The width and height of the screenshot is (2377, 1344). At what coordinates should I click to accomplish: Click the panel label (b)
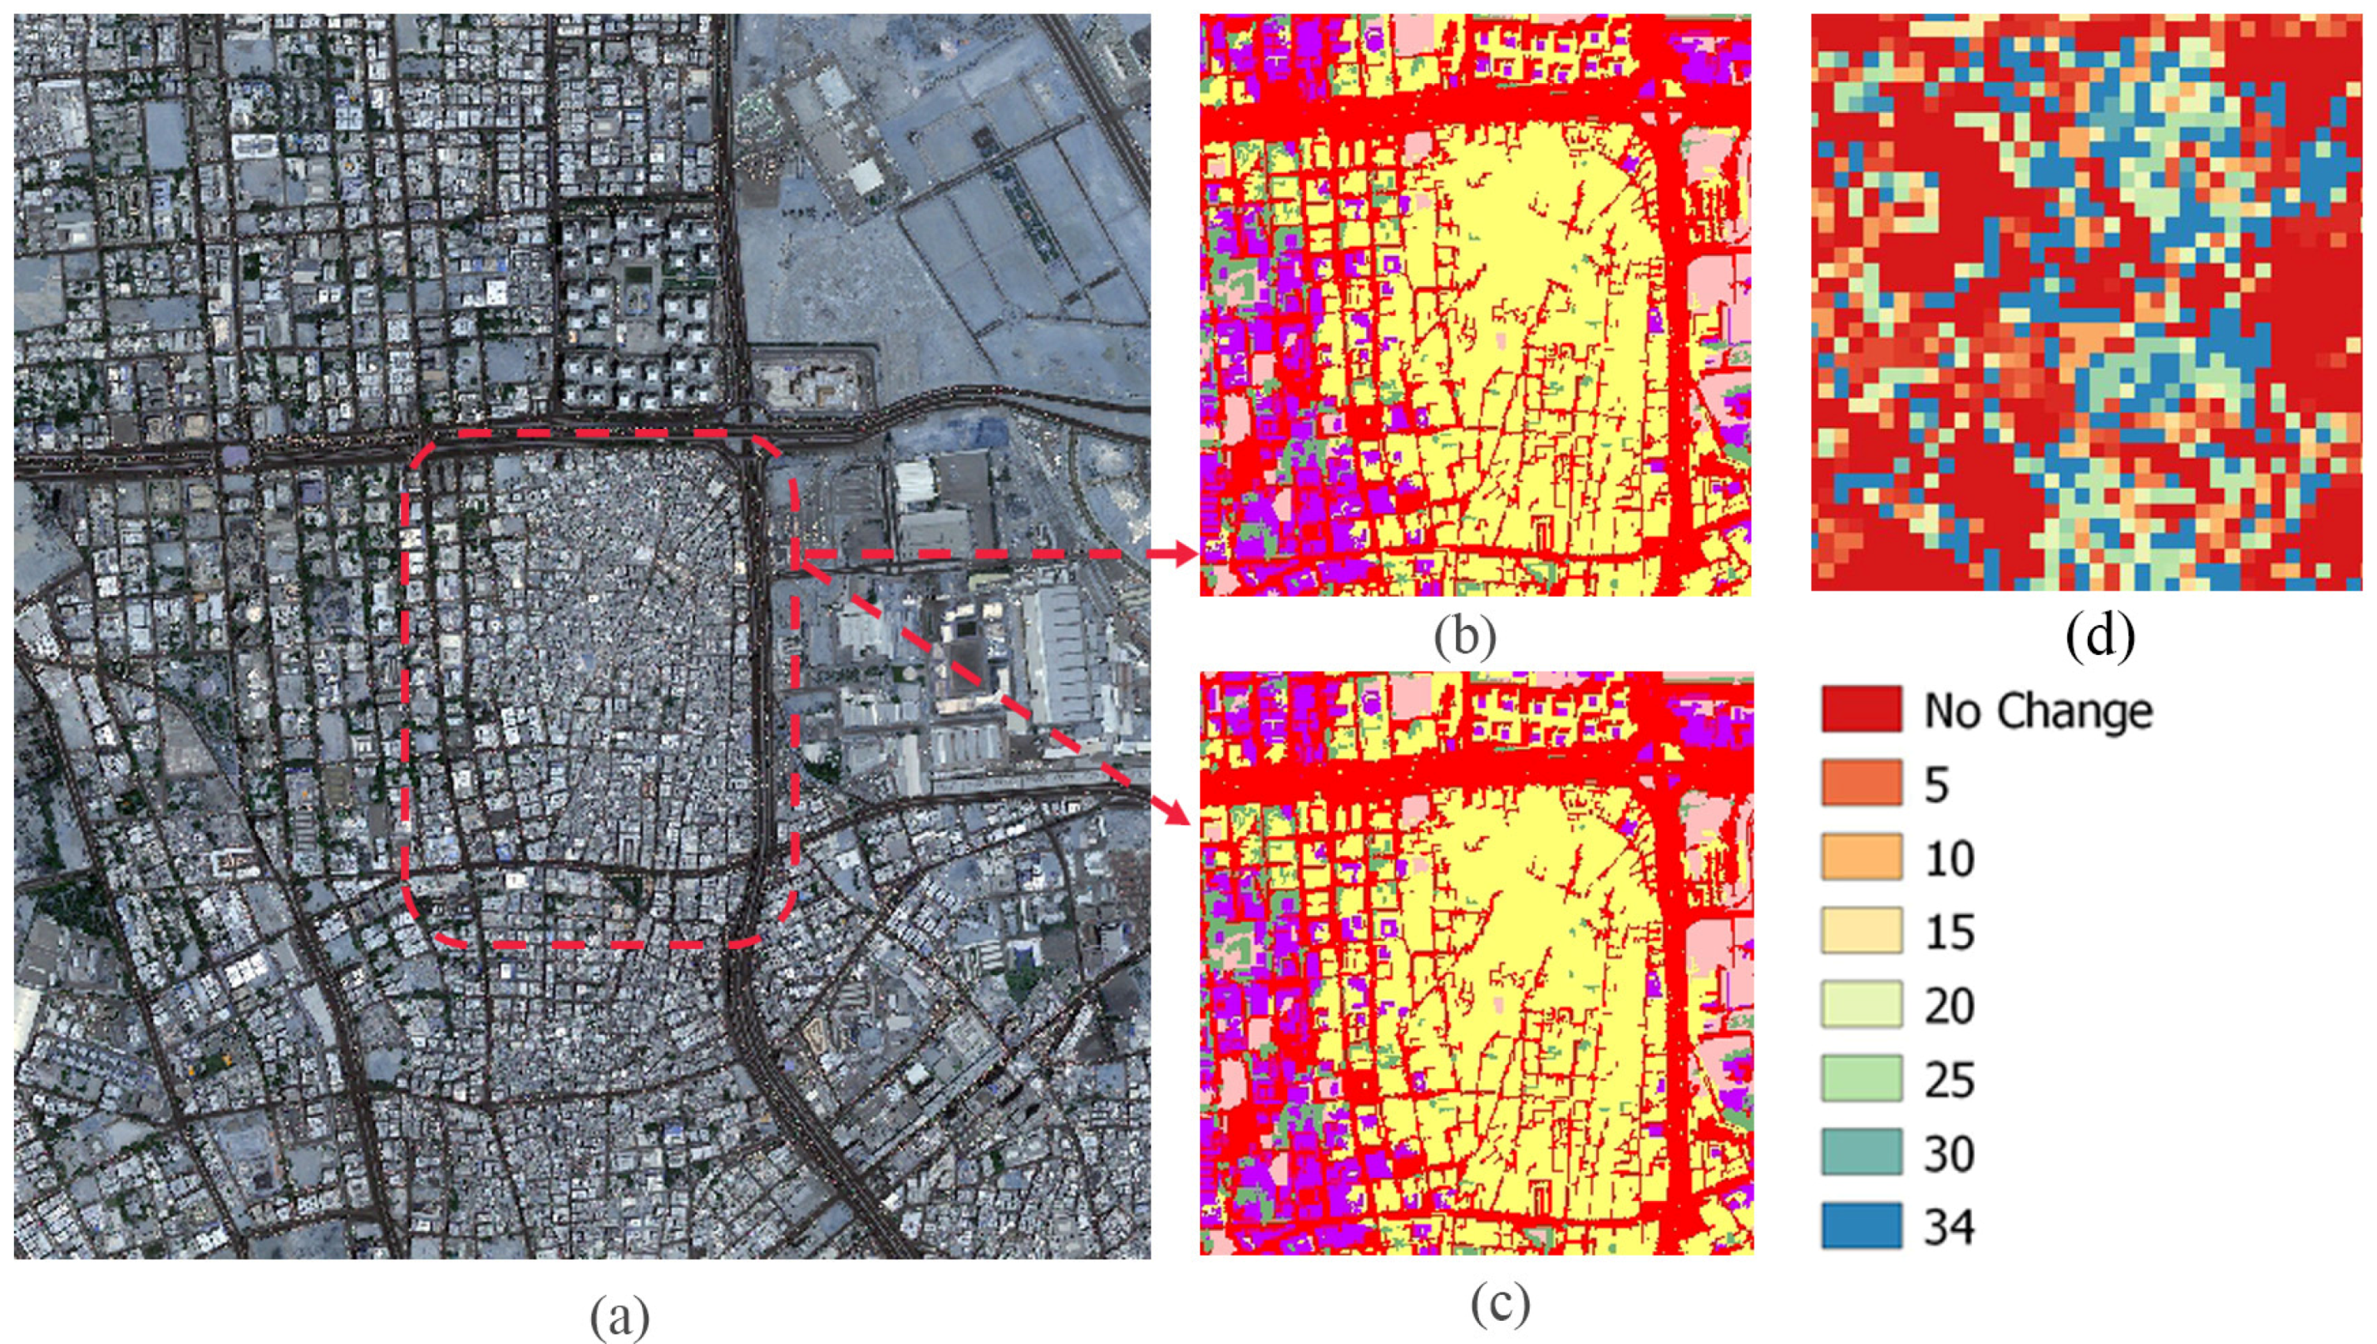pyautogui.click(x=1465, y=636)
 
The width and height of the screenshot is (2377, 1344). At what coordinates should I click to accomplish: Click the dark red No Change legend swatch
pyautogui.click(x=1861, y=709)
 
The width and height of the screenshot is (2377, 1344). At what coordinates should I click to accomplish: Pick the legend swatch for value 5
pyautogui.click(x=1861, y=783)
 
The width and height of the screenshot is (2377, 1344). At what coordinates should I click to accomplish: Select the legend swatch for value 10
pyautogui.click(x=1861, y=857)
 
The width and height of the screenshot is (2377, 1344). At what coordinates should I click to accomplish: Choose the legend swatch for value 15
pyautogui.click(x=1861, y=930)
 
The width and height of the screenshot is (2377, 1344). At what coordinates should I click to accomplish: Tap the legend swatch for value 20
pyautogui.click(x=1861, y=1004)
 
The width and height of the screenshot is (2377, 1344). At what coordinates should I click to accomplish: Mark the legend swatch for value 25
pyautogui.click(x=1861, y=1078)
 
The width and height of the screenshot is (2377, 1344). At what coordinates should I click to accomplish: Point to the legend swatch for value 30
pyautogui.click(x=1861, y=1152)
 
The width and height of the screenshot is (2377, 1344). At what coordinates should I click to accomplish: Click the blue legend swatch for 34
pyautogui.click(x=1861, y=1226)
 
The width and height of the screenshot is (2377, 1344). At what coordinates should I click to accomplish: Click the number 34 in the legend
pyautogui.click(x=1949, y=1227)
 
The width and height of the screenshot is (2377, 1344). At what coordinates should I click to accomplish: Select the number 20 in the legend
pyautogui.click(x=1949, y=1005)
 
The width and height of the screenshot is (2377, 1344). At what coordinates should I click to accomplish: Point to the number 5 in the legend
pyautogui.click(x=1936, y=785)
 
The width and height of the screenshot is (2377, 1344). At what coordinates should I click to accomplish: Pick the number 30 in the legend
pyautogui.click(x=1949, y=1153)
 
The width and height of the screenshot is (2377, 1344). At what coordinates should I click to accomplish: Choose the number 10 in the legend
pyautogui.click(x=1949, y=859)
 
